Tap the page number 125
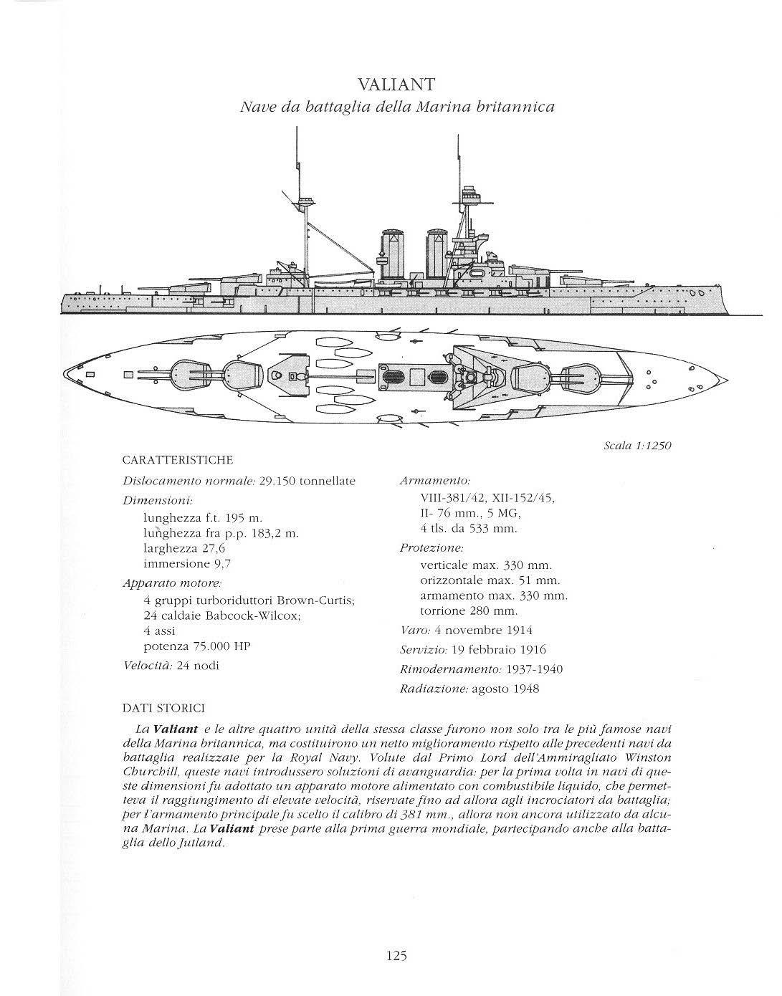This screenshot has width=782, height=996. (396, 955)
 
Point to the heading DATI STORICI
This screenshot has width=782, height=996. (164, 709)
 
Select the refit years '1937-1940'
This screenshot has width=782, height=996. (534, 670)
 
